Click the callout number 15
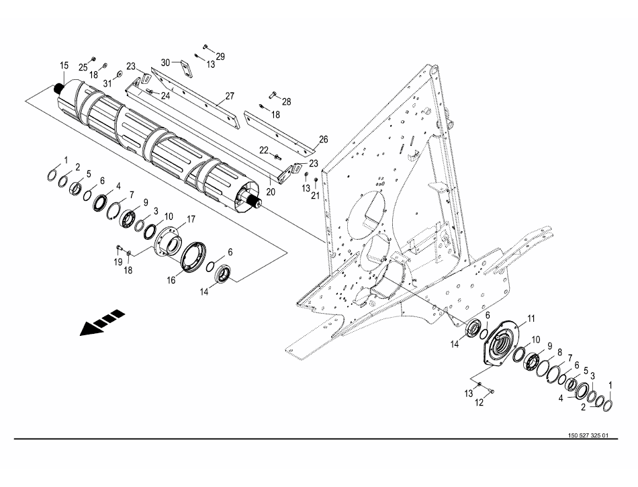click(x=64, y=66)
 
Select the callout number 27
click(x=230, y=96)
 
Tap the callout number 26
click(x=324, y=140)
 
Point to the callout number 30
click(x=166, y=62)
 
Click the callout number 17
click(x=191, y=220)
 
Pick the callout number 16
click(x=171, y=280)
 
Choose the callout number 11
click(x=532, y=318)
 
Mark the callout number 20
click(x=271, y=191)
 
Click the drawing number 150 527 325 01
click(x=588, y=435)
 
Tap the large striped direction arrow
click(x=102, y=322)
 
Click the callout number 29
click(x=220, y=56)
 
